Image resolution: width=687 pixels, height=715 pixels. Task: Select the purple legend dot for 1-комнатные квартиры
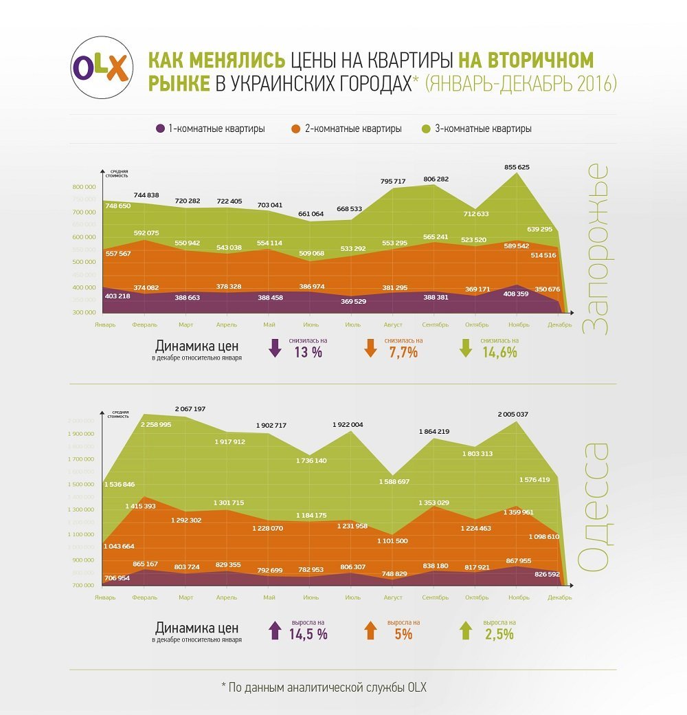click(x=160, y=129)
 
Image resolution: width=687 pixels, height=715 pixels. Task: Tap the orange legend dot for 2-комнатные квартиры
click(x=296, y=129)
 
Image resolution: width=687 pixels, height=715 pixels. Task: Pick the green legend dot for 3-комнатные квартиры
click(x=426, y=129)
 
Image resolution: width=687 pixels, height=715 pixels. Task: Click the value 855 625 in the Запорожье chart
click(x=517, y=167)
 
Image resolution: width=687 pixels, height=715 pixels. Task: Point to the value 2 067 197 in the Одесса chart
click(x=190, y=409)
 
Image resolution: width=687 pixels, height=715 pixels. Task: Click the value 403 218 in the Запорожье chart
click(x=117, y=296)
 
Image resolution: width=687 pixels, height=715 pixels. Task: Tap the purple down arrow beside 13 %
click(x=275, y=349)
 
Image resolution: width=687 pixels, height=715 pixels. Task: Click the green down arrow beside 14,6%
click(x=466, y=349)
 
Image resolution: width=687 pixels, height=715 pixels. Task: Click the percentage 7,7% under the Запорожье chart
click(x=403, y=353)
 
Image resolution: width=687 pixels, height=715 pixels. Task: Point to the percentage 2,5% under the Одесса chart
click(x=499, y=635)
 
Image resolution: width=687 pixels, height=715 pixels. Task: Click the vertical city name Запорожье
click(x=595, y=249)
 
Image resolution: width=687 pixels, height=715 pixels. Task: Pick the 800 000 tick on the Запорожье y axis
click(x=85, y=187)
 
